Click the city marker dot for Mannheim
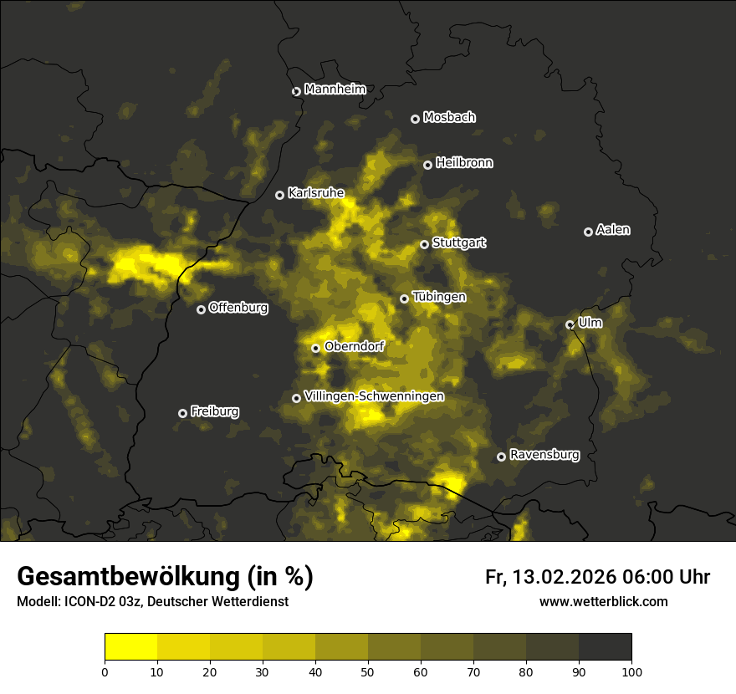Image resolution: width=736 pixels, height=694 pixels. [296, 92]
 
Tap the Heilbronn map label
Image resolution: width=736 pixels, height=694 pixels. [464, 163]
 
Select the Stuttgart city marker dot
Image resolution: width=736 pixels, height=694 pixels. [424, 245]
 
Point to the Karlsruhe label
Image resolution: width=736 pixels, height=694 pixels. [316, 193]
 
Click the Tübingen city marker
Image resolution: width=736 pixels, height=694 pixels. [404, 299]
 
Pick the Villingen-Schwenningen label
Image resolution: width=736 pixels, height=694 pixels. [375, 396]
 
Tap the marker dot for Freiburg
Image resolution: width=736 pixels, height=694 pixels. [182, 413]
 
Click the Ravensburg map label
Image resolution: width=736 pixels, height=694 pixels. [544, 455]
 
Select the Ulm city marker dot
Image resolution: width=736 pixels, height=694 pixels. [570, 324]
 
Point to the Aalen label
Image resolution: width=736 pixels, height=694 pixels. [613, 230]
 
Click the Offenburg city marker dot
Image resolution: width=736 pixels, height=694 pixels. [201, 309]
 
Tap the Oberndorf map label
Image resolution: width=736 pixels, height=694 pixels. [355, 346]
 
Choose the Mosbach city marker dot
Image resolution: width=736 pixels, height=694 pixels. [415, 119]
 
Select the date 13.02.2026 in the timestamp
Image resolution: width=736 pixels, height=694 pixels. [565, 577]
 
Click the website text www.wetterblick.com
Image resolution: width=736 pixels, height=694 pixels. [603, 602]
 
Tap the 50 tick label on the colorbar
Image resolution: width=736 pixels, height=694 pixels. [368, 671]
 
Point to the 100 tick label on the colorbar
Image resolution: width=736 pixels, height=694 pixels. [631, 671]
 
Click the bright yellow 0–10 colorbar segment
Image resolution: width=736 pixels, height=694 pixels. [131, 647]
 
